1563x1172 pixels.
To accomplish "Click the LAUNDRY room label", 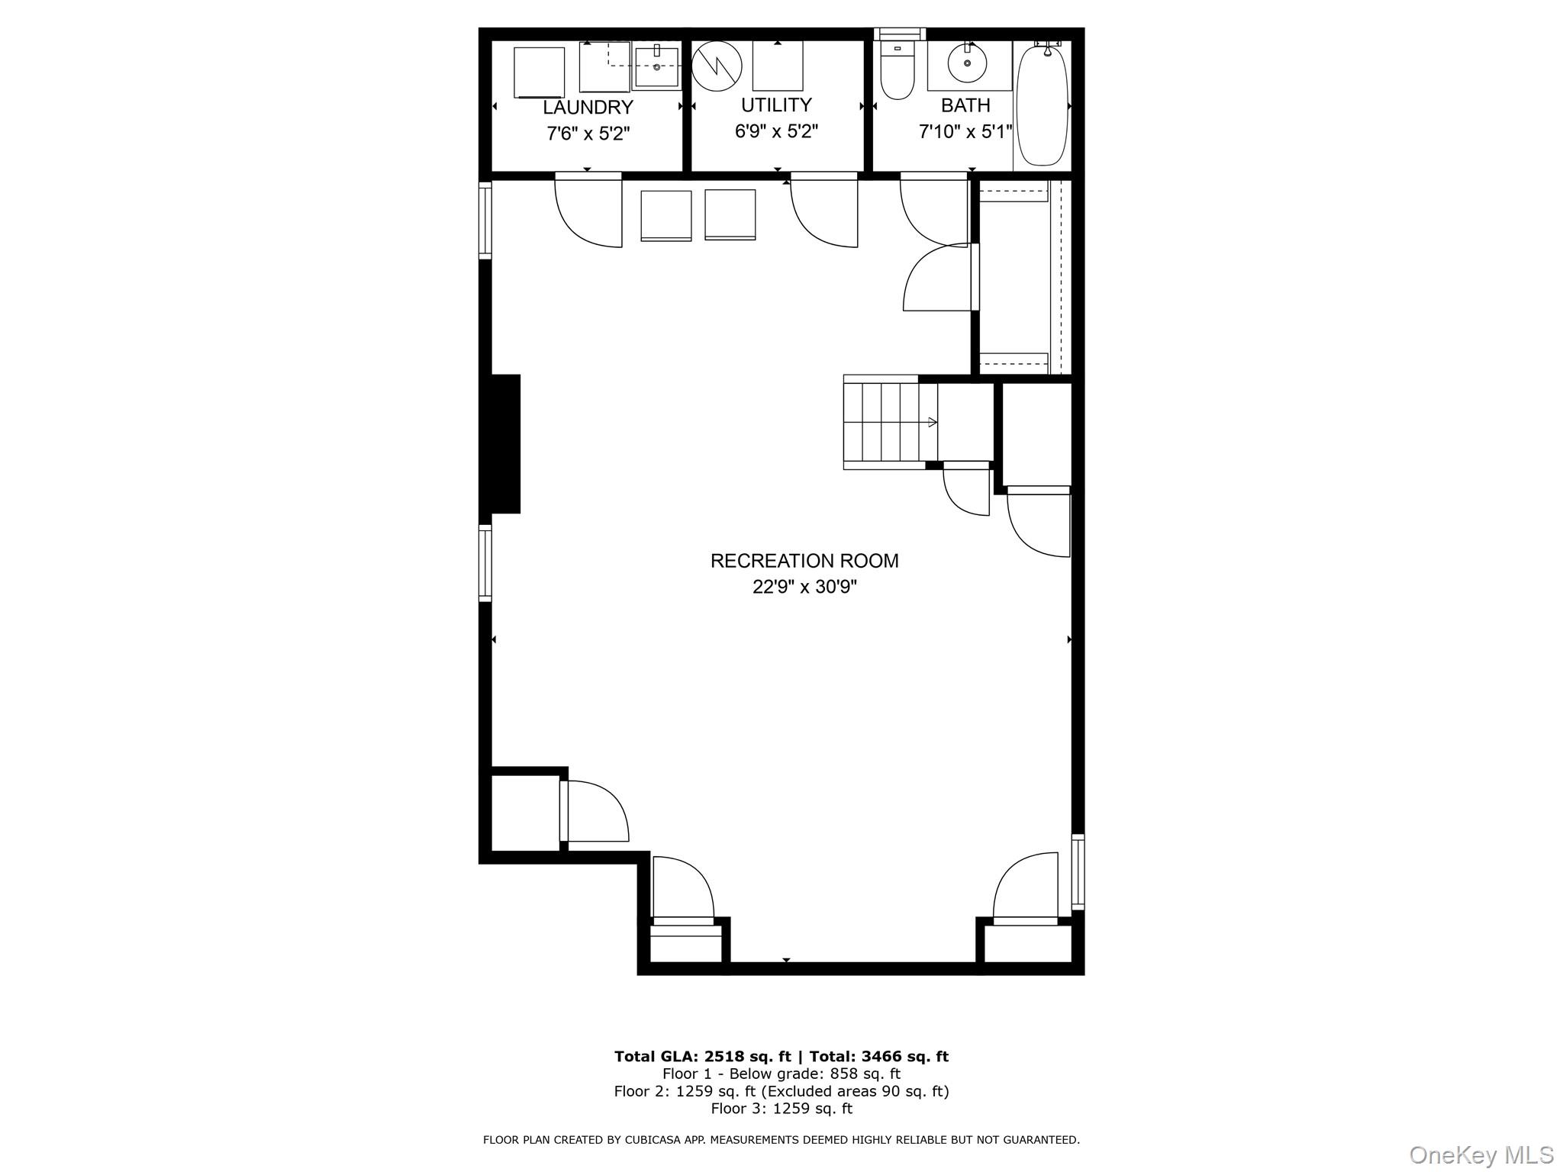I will click(588, 108).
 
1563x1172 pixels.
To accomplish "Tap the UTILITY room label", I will click(776, 105).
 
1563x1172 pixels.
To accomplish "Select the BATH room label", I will click(965, 105).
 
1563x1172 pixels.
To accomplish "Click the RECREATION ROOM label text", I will click(804, 561).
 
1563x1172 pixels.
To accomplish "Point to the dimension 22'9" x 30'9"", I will click(804, 587).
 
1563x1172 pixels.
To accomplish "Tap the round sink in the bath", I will click(967, 64).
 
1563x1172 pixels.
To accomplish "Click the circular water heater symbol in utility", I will click(717, 66).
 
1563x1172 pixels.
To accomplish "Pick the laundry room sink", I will click(656, 67).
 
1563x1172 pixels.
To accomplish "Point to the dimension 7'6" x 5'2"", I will click(588, 134).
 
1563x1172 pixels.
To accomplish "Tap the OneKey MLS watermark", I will click(1481, 1155).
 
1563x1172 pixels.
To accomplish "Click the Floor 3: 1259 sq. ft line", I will click(781, 1109).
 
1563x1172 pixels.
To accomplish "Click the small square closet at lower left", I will click(524, 813).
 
